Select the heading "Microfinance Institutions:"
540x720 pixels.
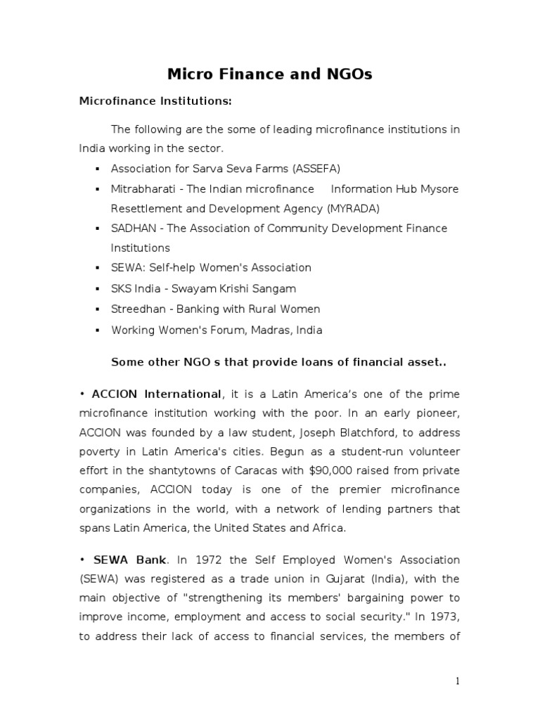click(x=155, y=101)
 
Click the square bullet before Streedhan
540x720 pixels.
click(x=97, y=309)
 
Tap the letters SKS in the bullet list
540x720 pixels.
click(x=122, y=288)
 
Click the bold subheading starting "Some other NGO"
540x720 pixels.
click(x=279, y=363)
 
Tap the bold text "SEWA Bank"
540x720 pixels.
click(x=131, y=560)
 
